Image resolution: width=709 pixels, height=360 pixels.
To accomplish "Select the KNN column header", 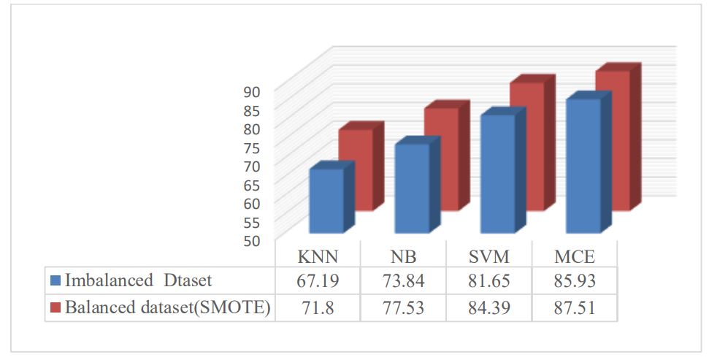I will click(318, 258).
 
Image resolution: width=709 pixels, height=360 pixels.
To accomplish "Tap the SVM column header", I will click(488, 258).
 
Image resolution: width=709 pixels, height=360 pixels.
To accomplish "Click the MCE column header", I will click(573, 258).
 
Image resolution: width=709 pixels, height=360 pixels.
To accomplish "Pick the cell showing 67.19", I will click(318, 282).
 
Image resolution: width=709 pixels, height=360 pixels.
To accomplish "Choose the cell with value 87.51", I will click(573, 307).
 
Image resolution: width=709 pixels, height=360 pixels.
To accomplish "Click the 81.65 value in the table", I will click(488, 282).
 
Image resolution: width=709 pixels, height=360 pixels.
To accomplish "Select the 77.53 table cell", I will click(403, 307).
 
